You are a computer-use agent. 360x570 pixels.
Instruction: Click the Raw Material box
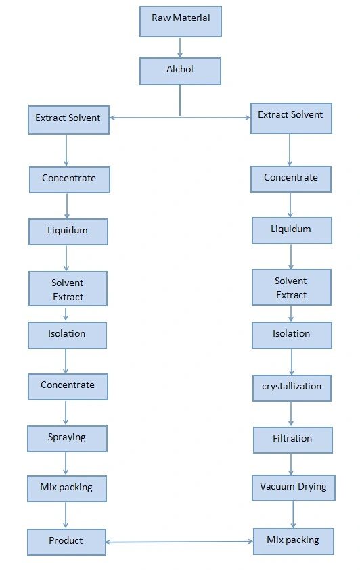(x=181, y=22)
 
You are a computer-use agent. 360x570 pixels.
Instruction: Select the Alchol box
(x=180, y=71)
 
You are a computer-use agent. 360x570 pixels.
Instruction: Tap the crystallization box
(x=292, y=388)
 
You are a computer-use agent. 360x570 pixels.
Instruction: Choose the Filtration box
(x=293, y=440)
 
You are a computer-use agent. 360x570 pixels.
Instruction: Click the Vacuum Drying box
(x=294, y=488)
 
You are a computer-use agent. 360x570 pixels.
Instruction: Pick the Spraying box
(x=67, y=439)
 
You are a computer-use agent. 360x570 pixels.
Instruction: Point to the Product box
(x=66, y=542)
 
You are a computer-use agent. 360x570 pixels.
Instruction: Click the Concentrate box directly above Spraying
(x=68, y=386)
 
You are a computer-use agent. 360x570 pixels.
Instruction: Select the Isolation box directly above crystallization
(x=292, y=335)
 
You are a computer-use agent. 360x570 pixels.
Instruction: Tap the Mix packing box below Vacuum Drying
(x=294, y=542)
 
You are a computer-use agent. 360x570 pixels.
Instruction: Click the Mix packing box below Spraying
(x=67, y=489)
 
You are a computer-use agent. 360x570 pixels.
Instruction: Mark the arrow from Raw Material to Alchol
(x=179, y=47)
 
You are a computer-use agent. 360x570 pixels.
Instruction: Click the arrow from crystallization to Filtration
(x=291, y=413)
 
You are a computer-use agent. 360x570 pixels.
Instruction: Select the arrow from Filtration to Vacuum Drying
(x=291, y=464)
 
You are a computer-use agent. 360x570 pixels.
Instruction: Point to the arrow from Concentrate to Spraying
(x=66, y=412)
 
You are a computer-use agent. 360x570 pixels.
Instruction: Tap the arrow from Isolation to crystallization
(x=291, y=361)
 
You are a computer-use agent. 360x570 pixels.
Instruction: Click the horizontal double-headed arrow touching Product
(x=179, y=542)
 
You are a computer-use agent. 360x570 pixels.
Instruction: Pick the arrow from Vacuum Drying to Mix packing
(x=293, y=515)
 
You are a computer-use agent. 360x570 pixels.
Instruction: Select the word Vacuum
(x=277, y=486)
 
